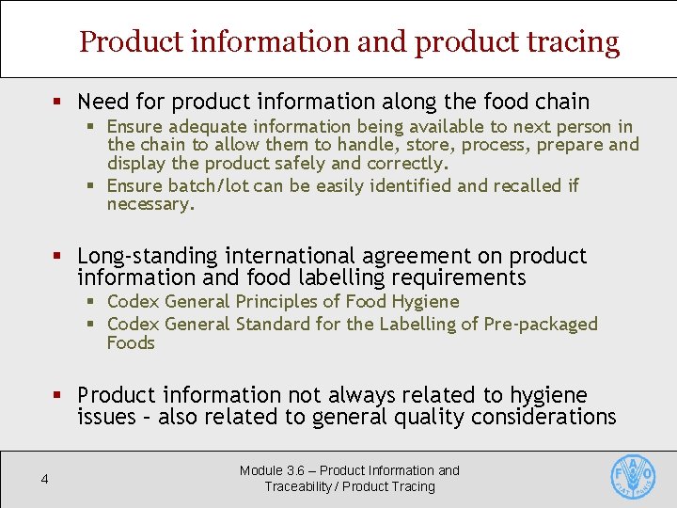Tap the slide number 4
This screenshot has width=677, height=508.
click(x=44, y=480)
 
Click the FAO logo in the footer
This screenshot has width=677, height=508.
click(x=634, y=478)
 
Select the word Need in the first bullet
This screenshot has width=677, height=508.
click(x=101, y=102)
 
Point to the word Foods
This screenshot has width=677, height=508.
click(x=131, y=342)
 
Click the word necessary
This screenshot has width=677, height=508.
click(x=150, y=204)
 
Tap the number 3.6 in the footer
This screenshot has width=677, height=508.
click(x=297, y=470)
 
